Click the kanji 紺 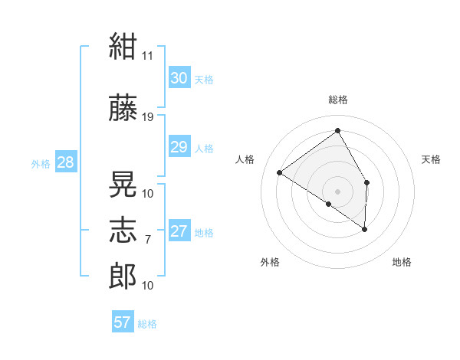(123, 46)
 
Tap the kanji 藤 (123, 107)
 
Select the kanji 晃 (123, 184)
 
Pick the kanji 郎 (123, 276)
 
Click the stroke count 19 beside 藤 (147, 117)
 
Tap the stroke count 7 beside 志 (148, 240)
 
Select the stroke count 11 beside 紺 (147, 56)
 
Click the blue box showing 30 (179, 77)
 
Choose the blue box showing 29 (179, 146)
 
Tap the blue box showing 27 (179, 230)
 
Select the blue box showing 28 (66, 162)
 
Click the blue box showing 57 (123, 321)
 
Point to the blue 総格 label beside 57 (147, 324)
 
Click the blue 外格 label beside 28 (41, 164)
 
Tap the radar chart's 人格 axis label (245, 159)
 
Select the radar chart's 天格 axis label (431, 159)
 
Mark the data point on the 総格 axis (337, 130)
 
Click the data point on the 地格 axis (364, 229)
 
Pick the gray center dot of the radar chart (337, 191)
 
